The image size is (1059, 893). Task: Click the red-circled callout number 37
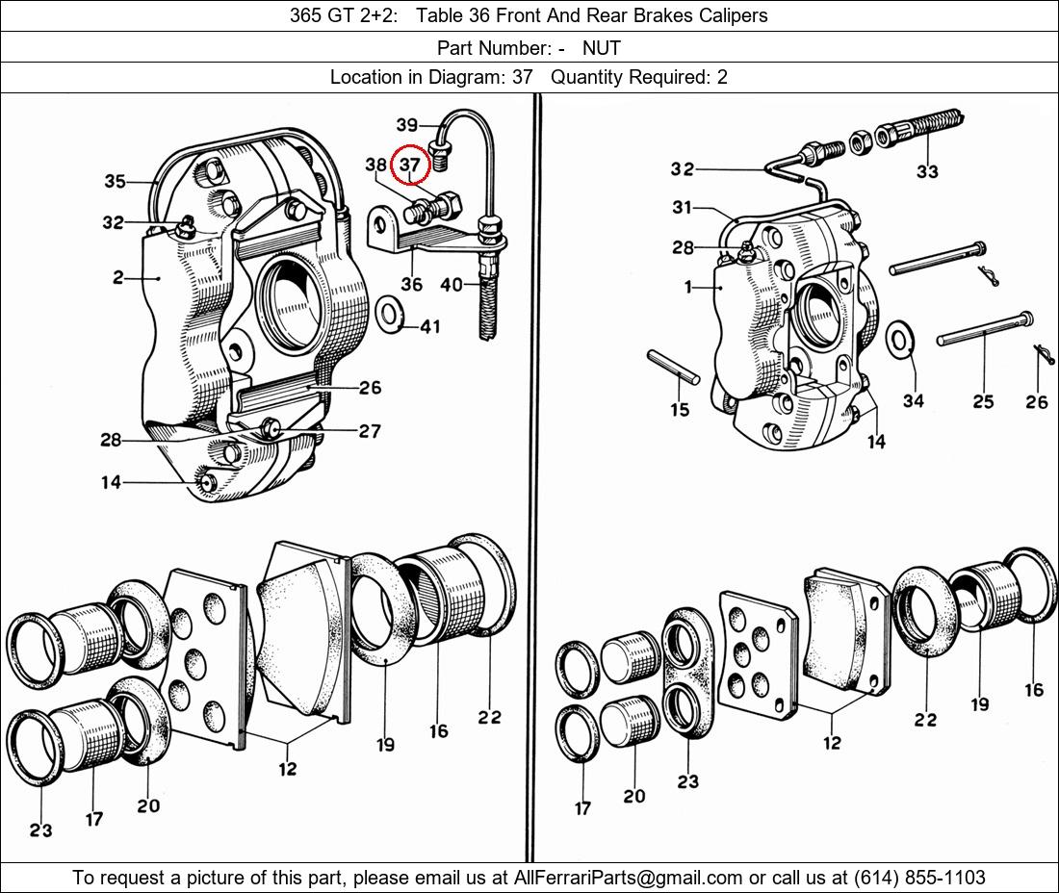(x=410, y=165)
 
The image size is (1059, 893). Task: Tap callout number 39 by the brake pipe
(x=406, y=125)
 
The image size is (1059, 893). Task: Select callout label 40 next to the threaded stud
(x=452, y=284)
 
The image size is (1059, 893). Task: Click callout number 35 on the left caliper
(x=116, y=181)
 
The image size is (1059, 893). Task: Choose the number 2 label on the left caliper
(x=117, y=278)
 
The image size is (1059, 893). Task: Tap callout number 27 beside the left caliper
(x=370, y=431)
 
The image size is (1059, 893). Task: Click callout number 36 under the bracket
(x=411, y=284)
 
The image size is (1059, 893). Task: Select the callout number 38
(x=375, y=165)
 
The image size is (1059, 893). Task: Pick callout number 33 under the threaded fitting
(x=927, y=171)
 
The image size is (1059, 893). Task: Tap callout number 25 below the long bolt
(x=983, y=401)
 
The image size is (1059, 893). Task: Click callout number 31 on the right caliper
(x=683, y=207)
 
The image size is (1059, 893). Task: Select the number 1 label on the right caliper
(x=688, y=287)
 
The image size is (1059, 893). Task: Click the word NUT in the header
(x=602, y=47)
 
